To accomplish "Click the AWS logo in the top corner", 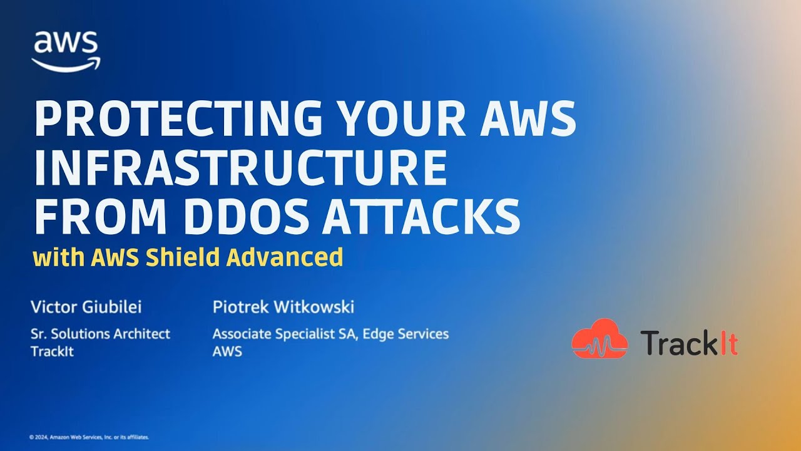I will [65, 51].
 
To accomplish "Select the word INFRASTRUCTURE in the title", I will [240, 168].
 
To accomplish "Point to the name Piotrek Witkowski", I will [283, 307].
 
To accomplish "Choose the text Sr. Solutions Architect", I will [100, 334].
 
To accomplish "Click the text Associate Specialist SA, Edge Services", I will [330, 334].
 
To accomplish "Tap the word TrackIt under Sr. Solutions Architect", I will [52, 351].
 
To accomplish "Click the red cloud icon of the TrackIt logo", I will [599, 339].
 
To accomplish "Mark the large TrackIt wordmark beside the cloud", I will [688, 343].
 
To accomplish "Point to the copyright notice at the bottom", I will [89, 437].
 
